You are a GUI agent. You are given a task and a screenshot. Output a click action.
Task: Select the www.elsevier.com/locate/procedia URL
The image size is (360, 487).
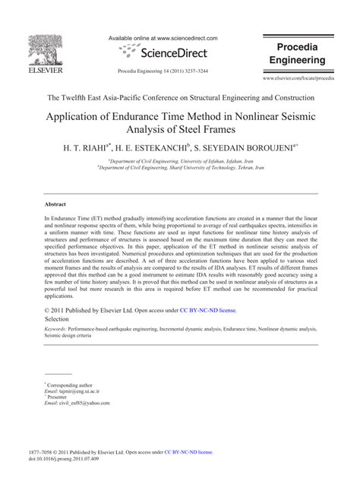point(298,78)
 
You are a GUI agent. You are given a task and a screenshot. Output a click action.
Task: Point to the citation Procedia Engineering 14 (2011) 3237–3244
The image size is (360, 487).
point(163,70)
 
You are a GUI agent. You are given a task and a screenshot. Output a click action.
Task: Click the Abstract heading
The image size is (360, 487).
point(55,205)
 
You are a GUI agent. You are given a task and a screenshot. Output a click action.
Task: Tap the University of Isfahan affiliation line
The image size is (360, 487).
point(179,162)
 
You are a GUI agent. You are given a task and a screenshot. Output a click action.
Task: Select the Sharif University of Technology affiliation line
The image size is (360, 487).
point(179,169)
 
